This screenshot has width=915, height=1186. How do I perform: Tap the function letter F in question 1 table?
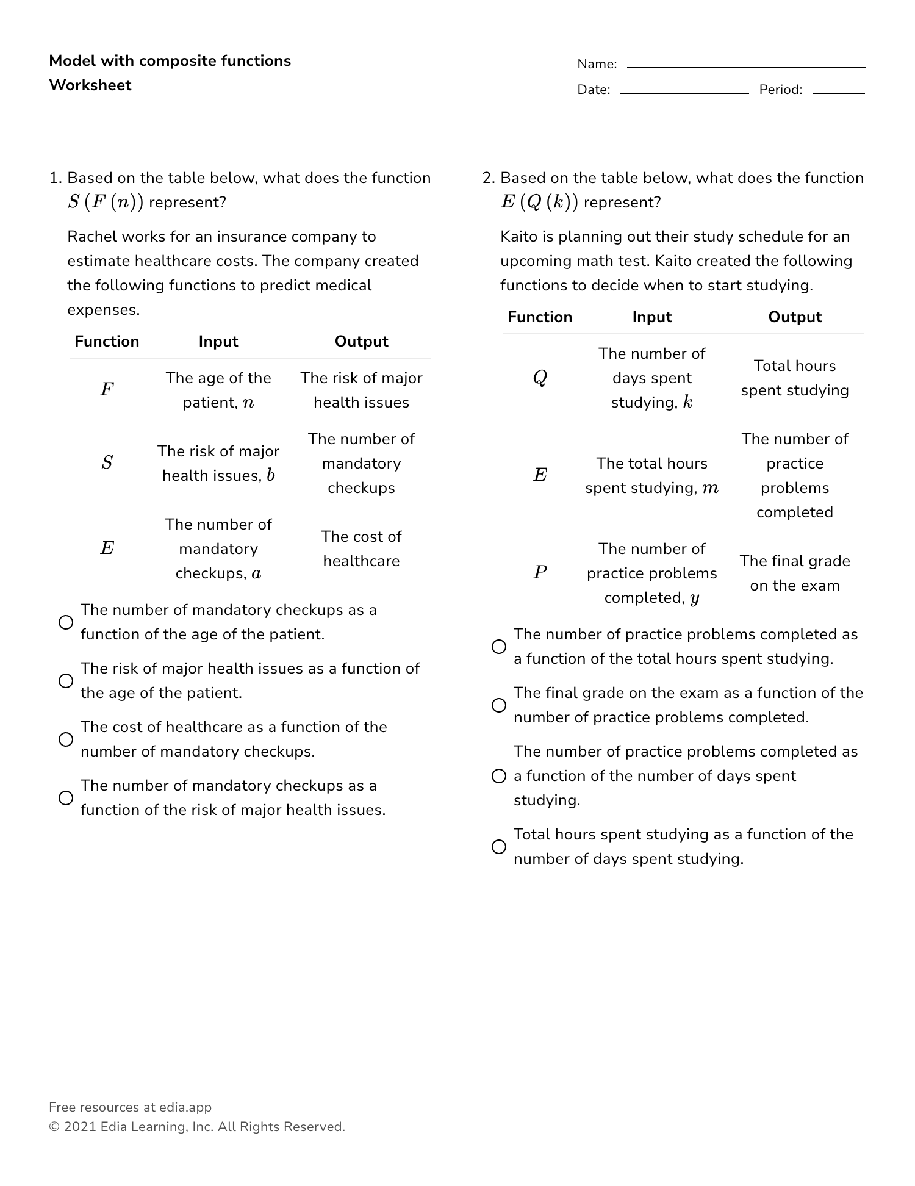(107, 389)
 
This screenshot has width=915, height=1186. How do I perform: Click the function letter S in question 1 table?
(107, 462)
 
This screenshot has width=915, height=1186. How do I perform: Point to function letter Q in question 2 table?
(540, 378)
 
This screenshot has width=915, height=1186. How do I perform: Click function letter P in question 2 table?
(540, 572)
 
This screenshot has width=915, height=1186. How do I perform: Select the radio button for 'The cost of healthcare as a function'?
(66, 739)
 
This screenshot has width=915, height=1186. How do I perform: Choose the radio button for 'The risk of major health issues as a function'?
(66, 681)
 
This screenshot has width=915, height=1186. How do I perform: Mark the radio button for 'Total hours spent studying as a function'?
(499, 847)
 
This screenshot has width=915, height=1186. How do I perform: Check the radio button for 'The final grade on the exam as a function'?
(499, 705)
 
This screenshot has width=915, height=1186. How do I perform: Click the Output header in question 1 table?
(361, 341)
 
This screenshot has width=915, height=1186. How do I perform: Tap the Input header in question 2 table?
(651, 317)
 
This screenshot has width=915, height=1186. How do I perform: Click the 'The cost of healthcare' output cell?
(361, 548)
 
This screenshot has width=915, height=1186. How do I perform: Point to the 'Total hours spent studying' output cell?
(794, 378)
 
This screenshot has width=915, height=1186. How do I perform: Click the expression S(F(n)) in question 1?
(106, 203)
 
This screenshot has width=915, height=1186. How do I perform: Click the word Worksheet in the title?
(90, 85)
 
